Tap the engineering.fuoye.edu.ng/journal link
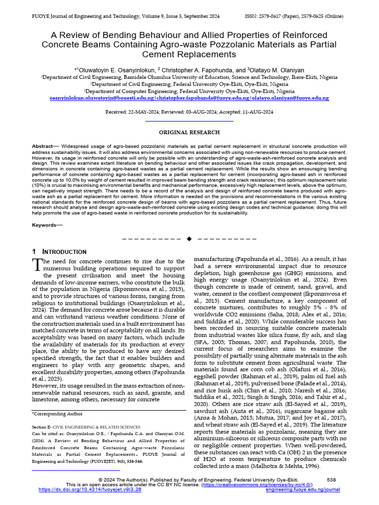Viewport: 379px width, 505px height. coord(303,490)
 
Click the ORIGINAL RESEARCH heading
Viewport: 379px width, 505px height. coord(189,132)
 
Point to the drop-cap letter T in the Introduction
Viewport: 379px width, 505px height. coord(38,264)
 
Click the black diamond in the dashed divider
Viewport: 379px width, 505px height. coord(189,239)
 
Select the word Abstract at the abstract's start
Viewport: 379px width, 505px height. coord(42,147)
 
